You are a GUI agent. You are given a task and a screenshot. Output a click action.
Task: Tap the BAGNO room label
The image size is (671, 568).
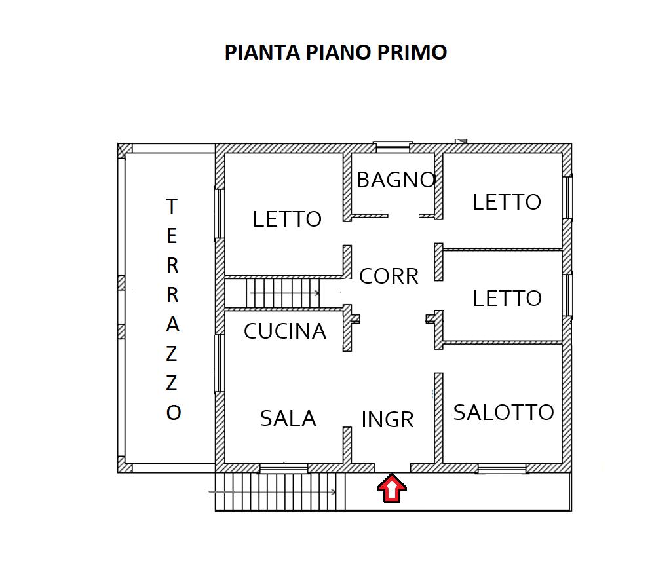(x=396, y=180)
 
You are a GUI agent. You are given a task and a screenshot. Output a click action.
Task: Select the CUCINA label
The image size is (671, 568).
(x=285, y=331)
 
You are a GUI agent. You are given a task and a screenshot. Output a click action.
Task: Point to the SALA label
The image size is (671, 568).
(x=288, y=418)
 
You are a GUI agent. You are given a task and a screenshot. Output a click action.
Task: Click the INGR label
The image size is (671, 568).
(x=388, y=419)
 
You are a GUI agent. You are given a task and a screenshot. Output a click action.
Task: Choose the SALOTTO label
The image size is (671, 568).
(x=504, y=412)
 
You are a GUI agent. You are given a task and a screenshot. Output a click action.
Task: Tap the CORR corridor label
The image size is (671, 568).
(x=389, y=276)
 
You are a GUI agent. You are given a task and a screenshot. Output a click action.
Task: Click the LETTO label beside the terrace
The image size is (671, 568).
(x=287, y=219)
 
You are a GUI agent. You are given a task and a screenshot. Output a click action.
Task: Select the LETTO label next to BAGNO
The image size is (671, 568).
(x=507, y=202)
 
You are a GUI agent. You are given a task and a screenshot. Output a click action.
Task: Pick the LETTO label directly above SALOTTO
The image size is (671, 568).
(x=507, y=298)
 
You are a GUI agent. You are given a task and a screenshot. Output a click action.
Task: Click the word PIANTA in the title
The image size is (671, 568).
(x=262, y=52)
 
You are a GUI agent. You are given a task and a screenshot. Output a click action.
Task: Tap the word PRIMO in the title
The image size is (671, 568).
(x=412, y=52)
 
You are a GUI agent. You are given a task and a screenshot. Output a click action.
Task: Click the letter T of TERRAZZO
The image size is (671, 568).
(x=172, y=206)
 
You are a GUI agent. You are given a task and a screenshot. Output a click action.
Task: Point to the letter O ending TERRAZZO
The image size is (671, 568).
(x=174, y=413)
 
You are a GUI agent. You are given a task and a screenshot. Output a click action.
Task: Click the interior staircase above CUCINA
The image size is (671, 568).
(x=283, y=293)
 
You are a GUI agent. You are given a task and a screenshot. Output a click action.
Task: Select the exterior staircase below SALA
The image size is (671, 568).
(x=280, y=491)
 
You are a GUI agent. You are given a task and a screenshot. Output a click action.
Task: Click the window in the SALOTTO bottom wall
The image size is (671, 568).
(x=501, y=468)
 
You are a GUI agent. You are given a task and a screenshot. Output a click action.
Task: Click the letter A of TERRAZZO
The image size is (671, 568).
(x=172, y=325)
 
